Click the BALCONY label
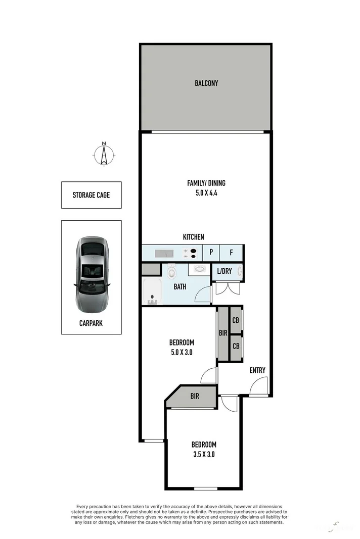point(206,83)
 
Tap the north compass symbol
point(104,154)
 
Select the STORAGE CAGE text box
point(91,195)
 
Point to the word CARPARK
point(91,323)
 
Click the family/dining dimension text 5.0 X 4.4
point(206,192)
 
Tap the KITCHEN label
point(194,236)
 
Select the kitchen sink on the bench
point(164,253)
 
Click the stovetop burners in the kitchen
point(191,253)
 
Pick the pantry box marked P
point(211,253)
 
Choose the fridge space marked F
point(232,253)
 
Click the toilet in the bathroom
point(171,273)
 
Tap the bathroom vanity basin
point(200,269)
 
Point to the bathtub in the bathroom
point(152,292)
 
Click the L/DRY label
point(224,271)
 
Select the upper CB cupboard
point(236,320)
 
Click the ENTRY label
point(257,370)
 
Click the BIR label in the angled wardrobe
point(195,397)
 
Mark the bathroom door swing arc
point(203,295)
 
